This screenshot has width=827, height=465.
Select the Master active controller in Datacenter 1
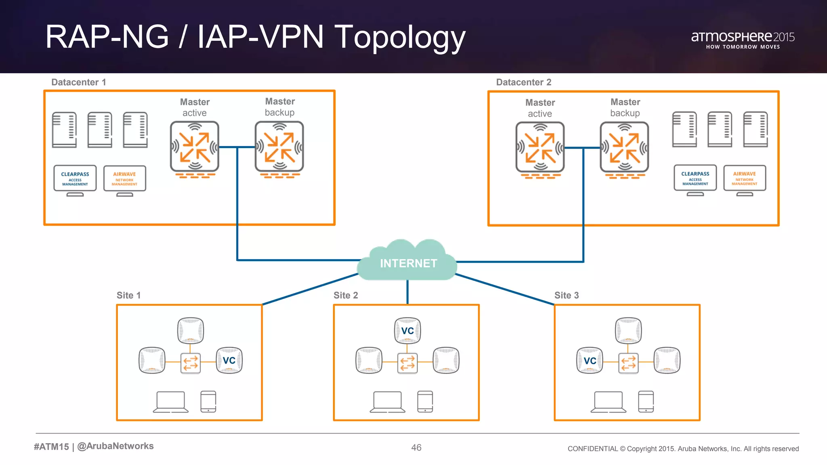pos(195,147)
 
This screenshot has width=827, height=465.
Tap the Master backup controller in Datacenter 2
pos(624,148)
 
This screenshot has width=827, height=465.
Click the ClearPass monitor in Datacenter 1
pos(75,178)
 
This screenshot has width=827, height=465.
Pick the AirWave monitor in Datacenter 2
pos(744,178)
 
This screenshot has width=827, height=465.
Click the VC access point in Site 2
pos(407,331)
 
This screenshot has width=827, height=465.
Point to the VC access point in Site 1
pos(229,360)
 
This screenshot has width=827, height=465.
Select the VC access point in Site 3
pos(590,360)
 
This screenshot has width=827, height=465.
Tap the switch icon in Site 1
pos(191,362)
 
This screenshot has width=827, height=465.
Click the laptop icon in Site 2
pos(387,402)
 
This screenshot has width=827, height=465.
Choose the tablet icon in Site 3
pos(646,402)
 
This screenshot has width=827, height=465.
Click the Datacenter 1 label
pos(78,82)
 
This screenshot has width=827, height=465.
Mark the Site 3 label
pos(566,295)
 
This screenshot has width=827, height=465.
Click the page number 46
pos(416,448)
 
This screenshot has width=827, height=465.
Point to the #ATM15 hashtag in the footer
pos(51,446)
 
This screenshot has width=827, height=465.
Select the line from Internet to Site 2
pos(407,291)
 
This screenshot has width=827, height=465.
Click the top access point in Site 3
pos(628,330)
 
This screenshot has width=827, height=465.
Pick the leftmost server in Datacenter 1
pos(64,130)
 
